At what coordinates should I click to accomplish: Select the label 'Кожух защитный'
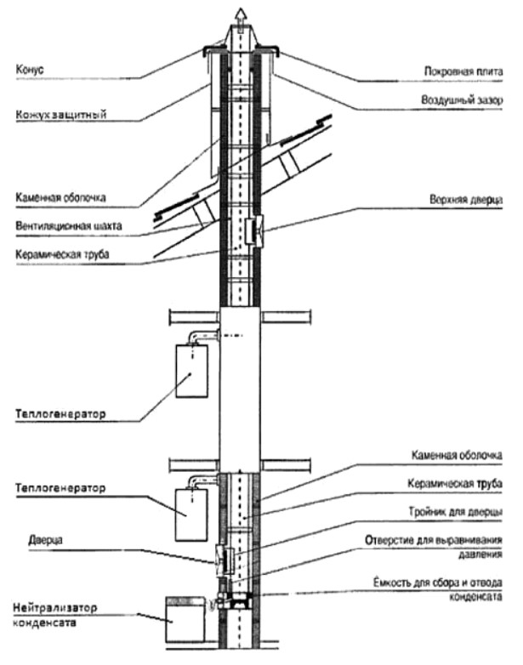(x=60, y=115)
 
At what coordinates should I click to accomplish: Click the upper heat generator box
(x=192, y=371)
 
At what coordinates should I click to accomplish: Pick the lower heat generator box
(x=191, y=514)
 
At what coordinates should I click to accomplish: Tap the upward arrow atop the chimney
(x=240, y=12)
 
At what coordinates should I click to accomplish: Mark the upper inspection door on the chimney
(x=254, y=229)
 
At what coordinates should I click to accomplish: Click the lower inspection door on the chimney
(x=226, y=560)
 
